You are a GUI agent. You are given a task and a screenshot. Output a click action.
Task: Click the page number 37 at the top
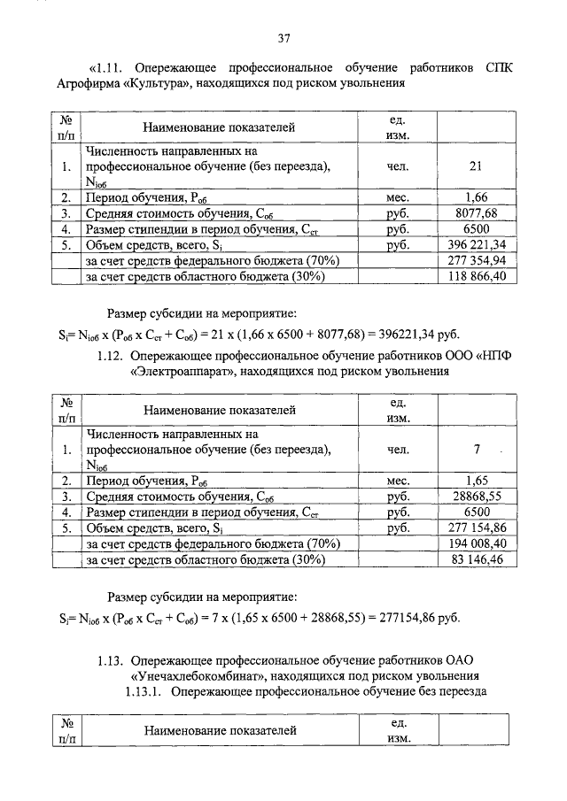click(x=283, y=38)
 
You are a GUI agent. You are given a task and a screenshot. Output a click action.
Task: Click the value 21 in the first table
click(x=477, y=166)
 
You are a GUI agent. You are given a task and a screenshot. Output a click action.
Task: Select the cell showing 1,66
click(x=477, y=197)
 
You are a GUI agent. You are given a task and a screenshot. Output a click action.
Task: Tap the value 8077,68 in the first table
click(x=477, y=213)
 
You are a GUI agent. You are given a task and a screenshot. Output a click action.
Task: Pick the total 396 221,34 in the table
click(x=477, y=244)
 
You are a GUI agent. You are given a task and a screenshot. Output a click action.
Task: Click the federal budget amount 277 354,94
click(x=477, y=260)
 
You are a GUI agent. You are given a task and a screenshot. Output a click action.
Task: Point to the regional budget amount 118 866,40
click(x=477, y=276)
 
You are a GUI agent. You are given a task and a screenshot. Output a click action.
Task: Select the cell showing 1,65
click(x=477, y=481)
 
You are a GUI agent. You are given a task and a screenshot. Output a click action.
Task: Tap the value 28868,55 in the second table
click(x=477, y=497)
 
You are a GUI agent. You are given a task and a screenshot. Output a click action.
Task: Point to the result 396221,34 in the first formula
click(x=393, y=334)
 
